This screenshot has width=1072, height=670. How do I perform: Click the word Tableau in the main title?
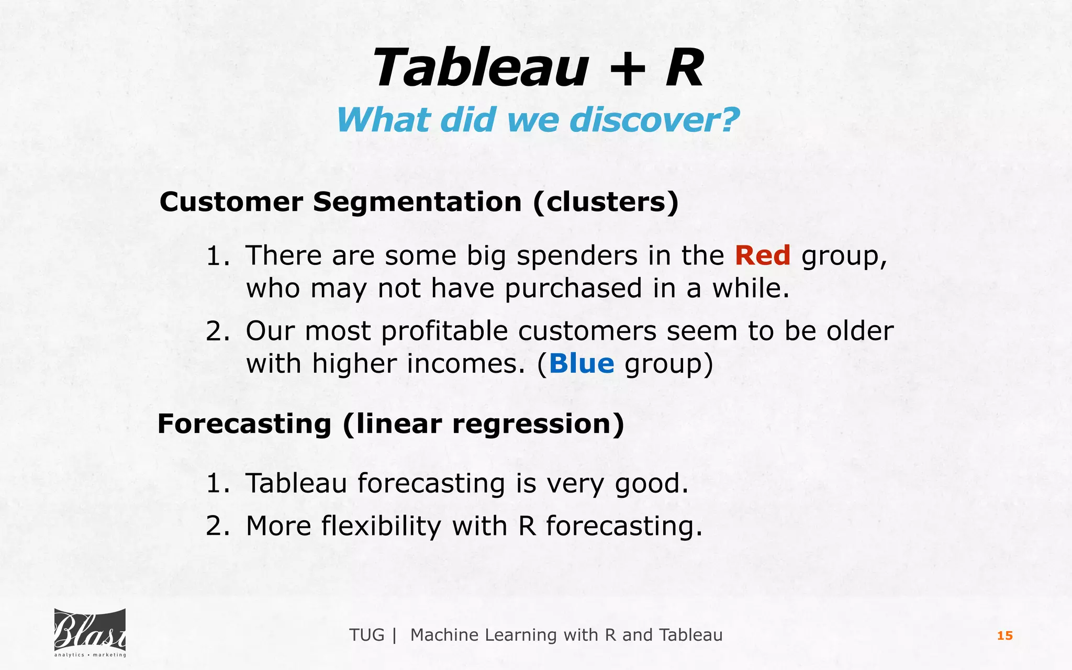[481, 68]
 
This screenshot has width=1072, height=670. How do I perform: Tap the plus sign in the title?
[627, 70]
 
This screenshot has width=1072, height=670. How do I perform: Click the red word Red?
[762, 256]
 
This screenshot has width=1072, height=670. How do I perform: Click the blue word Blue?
[581, 364]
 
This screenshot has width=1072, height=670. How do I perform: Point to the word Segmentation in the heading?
[417, 202]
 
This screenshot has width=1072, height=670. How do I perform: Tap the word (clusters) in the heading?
[606, 202]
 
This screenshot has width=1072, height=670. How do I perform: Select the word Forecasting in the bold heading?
[244, 423]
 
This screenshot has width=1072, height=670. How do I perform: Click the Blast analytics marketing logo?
[90, 633]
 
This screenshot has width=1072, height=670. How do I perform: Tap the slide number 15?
[1004, 636]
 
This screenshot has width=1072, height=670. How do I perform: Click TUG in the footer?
[366, 635]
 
